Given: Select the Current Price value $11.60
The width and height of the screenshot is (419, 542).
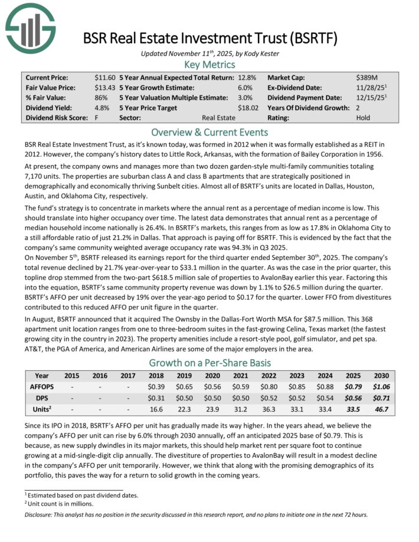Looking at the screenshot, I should (x=104, y=77).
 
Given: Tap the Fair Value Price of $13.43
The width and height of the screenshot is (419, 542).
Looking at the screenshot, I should (x=104, y=87).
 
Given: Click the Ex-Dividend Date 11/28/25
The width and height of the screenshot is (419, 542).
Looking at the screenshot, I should (x=369, y=87).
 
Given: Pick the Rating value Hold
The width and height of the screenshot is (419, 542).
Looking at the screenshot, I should (x=364, y=117).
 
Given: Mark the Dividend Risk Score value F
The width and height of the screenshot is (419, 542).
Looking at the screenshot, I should (x=97, y=117).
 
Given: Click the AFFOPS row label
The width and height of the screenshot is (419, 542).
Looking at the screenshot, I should (x=42, y=386).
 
